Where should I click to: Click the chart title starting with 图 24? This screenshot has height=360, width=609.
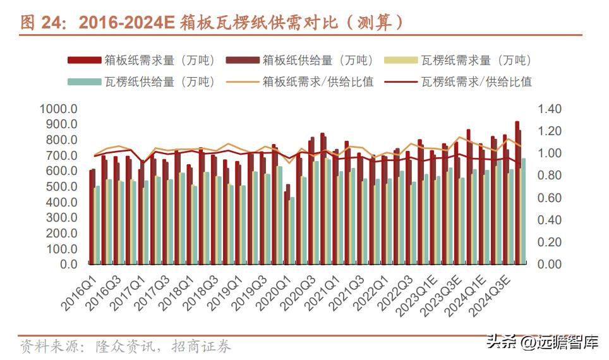[212, 23]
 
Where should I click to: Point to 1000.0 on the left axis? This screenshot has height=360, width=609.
[58, 109]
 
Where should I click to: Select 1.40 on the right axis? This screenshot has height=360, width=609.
[549, 109]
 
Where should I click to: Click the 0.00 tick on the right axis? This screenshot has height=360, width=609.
[549, 265]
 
